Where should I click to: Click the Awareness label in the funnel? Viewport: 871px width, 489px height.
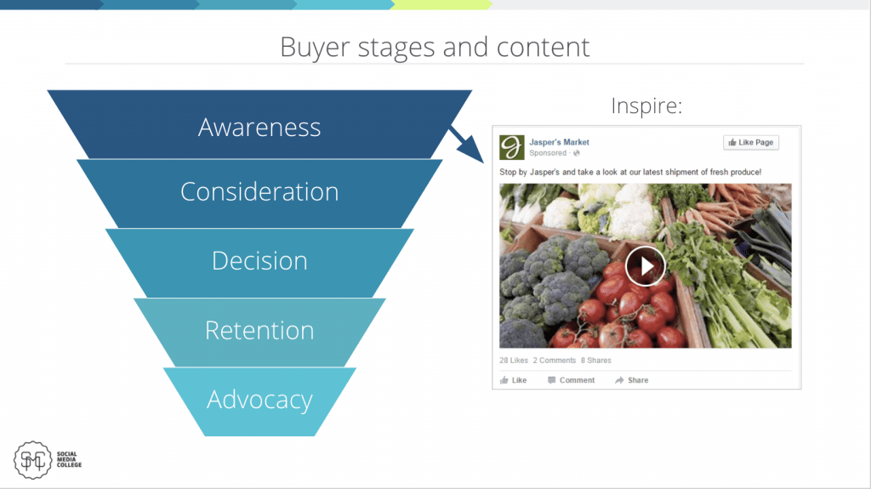click(259, 128)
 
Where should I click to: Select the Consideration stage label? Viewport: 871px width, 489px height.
click(259, 191)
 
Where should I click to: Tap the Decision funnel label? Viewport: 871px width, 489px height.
click(259, 260)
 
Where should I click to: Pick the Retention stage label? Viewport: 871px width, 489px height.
click(259, 330)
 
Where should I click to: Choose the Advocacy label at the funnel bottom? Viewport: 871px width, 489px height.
click(259, 400)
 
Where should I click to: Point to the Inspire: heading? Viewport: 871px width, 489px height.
click(646, 105)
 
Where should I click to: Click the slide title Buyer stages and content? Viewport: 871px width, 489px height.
click(435, 47)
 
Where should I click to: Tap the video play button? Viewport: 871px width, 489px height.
click(645, 266)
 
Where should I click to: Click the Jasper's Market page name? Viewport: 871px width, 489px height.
click(559, 142)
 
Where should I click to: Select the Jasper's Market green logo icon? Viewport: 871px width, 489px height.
click(511, 147)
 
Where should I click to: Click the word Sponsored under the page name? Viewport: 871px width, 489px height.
click(548, 153)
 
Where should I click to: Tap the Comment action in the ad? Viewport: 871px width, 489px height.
click(571, 380)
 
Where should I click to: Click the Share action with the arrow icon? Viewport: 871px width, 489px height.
click(632, 380)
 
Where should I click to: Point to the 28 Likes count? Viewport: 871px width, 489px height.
click(513, 360)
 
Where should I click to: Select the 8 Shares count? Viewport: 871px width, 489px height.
click(596, 360)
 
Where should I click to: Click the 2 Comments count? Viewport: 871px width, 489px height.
click(555, 360)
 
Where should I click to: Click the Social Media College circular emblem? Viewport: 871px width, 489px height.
click(33, 460)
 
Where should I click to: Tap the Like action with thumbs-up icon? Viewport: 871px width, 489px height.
click(513, 380)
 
